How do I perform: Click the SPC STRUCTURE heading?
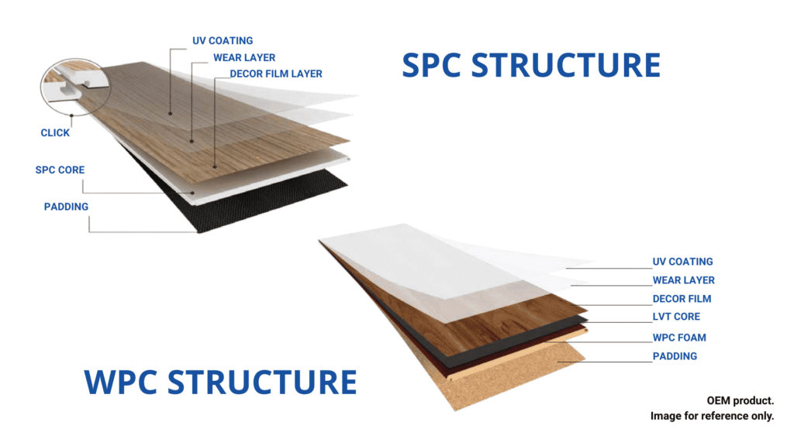(x=531, y=66)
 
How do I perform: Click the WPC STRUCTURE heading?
(x=220, y=383)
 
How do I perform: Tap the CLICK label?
(x=55, y=132)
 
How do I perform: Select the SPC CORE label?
(x=60, y=170)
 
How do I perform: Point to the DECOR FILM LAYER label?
(x=276, y=74)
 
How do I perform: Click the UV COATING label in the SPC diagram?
(x=223, y=40)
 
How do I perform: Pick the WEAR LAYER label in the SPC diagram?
(x=244, y=57)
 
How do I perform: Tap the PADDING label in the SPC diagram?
(x=66, y=207)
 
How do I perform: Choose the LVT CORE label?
(x=676, y=317)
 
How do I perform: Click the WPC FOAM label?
(x=679, y=338)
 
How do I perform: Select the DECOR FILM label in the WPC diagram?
(x=682, y=299)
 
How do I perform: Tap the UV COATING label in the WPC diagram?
(x=682, y=262)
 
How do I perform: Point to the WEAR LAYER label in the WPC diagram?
(x=683, y=280)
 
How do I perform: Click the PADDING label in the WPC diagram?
(x=675, y=356)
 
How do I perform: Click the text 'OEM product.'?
(x=740, y=400)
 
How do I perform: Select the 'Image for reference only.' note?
(x=712, y=417)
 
